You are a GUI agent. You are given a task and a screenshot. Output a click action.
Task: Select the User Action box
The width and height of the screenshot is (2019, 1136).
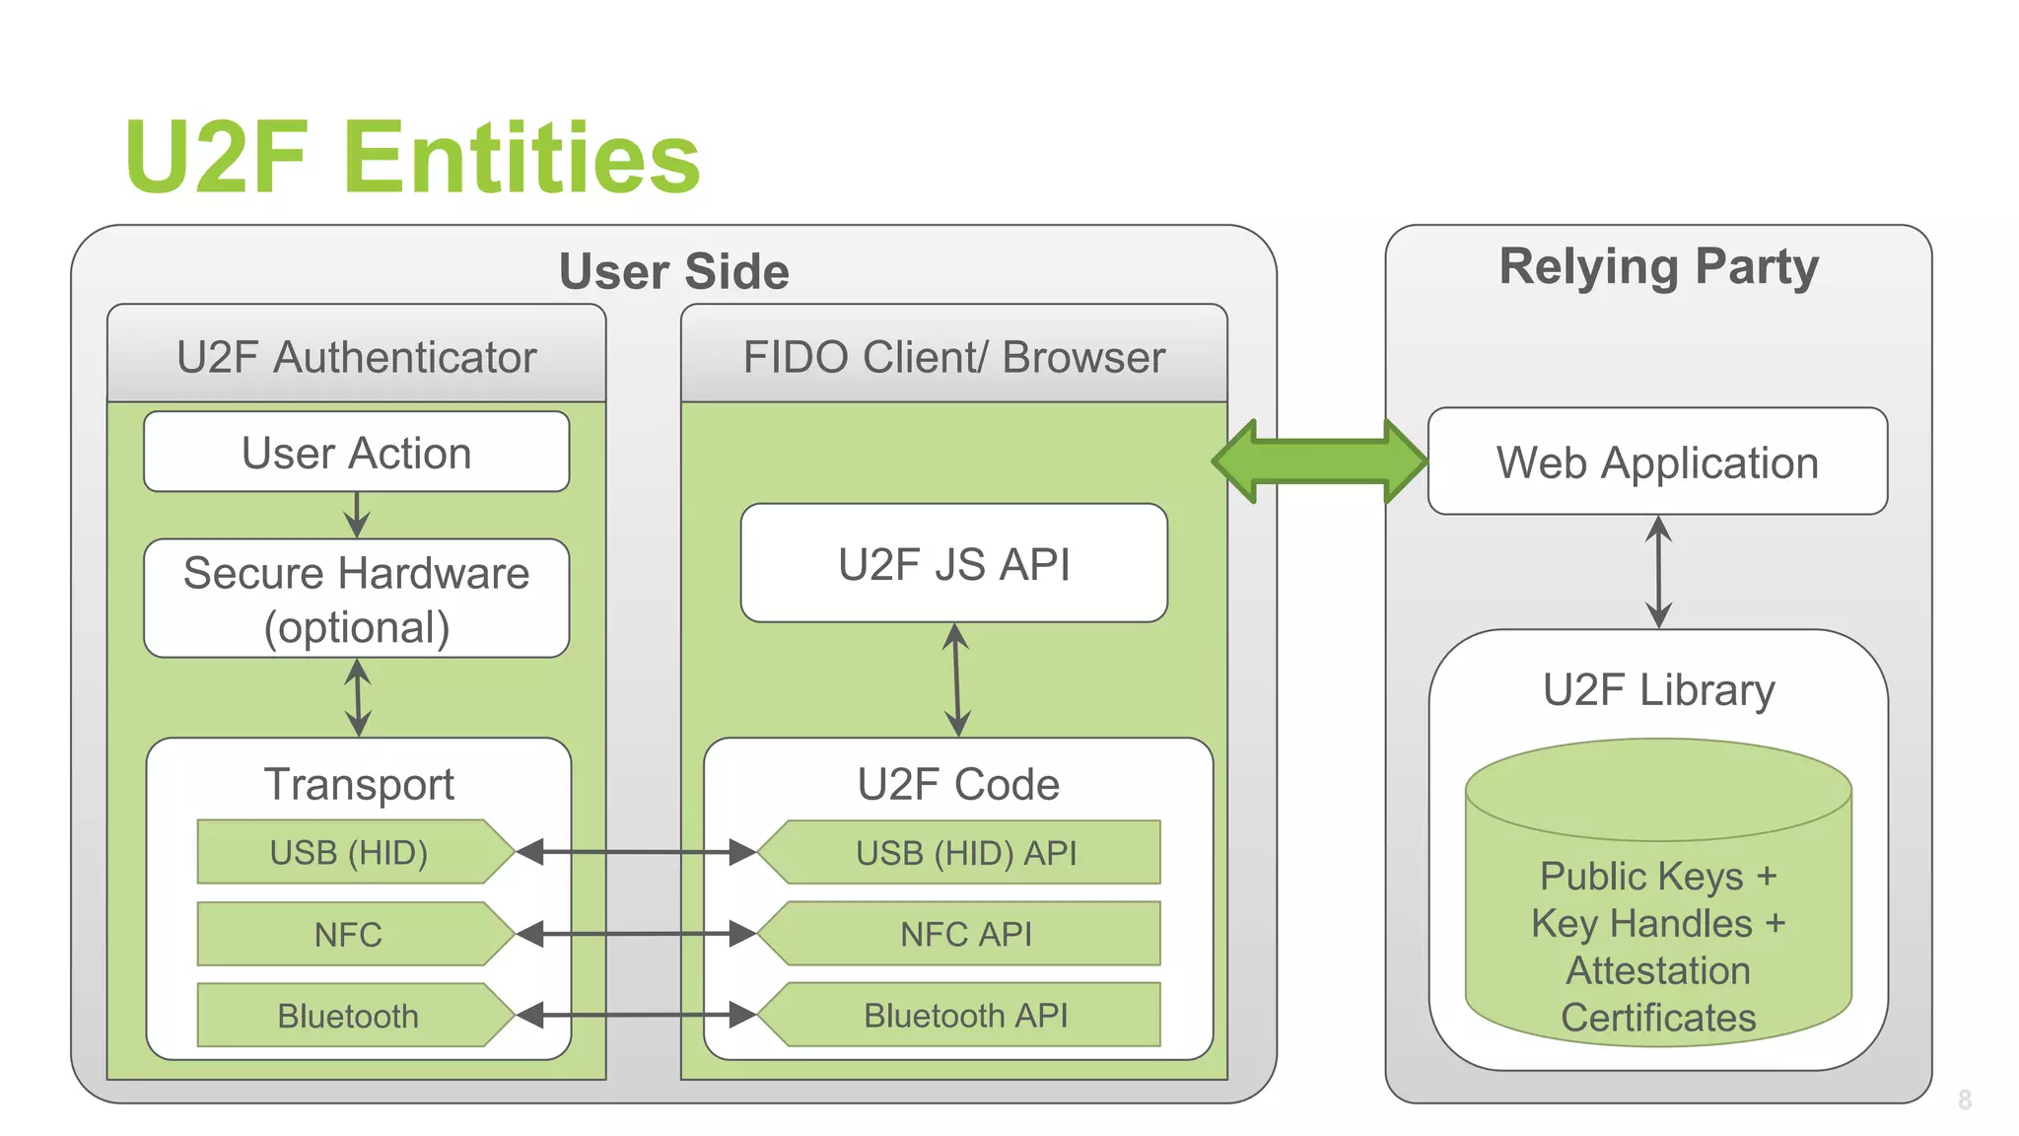[356, 453]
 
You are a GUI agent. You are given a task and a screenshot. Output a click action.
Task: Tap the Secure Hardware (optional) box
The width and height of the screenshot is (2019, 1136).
[356, 599]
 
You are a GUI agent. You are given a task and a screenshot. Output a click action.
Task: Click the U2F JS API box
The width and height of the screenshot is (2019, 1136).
[953, 564]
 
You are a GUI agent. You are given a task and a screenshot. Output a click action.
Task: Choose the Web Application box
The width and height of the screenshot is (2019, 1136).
[1656, 461]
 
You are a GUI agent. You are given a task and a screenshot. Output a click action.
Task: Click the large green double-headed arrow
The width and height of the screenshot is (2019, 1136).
[1319, 461]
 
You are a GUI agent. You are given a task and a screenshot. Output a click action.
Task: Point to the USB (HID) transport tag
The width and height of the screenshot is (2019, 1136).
[349, 852]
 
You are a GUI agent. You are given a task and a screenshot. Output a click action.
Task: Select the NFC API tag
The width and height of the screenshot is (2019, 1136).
[966, 934]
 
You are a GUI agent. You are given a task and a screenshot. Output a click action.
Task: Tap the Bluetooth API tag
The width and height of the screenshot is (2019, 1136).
[966, 1015]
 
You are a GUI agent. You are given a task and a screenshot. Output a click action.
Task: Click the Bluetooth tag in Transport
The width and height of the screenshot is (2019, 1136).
[349, 1015]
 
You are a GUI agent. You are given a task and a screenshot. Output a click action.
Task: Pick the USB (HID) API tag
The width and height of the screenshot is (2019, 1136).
[966, 852]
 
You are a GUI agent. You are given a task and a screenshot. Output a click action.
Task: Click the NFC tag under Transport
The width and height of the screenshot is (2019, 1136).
[349, 934]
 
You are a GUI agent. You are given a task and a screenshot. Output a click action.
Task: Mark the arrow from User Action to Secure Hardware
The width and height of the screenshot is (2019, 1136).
[357, 515]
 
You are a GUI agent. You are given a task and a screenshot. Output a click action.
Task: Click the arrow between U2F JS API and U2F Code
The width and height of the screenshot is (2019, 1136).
[956, 679]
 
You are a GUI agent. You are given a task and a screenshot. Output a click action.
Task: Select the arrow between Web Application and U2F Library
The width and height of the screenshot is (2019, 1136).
[1659, 572]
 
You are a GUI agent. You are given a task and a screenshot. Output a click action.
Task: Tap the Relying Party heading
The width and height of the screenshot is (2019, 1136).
[1658, 266]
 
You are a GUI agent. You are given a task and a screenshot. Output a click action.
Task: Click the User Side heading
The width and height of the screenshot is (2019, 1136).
[673, 271]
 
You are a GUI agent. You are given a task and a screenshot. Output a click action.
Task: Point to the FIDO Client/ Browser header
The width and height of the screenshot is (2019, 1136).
[953, 356]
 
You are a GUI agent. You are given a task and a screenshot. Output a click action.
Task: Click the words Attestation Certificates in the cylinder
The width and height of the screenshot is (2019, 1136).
[1658, 994]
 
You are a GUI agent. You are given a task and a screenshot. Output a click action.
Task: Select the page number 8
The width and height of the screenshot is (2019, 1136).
[1964, 1100]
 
